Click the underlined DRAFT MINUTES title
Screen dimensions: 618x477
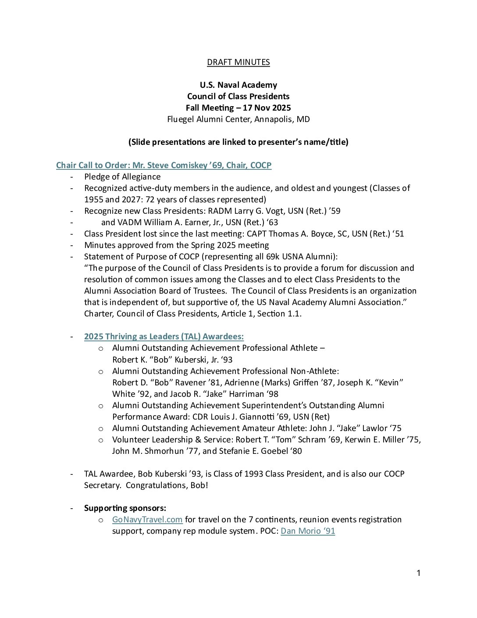238,62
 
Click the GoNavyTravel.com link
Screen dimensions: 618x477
147,520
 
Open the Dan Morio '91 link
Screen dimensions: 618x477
308,531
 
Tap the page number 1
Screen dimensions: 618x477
418,573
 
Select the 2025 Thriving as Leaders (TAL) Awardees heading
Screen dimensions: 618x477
164,337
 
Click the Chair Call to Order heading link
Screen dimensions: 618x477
164,165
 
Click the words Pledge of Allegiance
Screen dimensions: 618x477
122,177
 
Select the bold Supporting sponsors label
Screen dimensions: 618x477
125,508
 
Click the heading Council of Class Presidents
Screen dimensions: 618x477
238,97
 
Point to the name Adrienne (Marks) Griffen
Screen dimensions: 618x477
271,383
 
